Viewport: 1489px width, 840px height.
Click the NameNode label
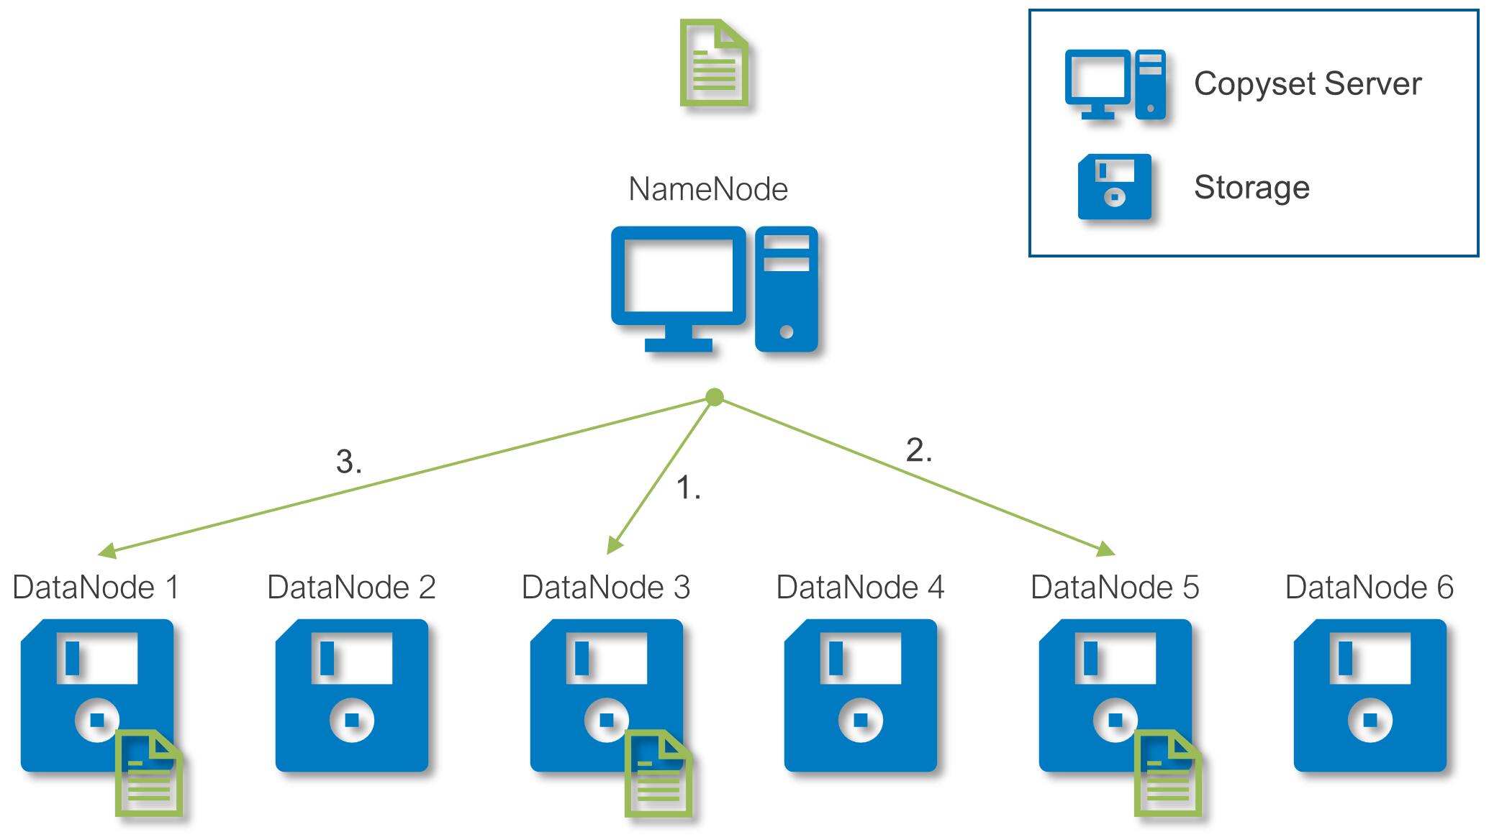[x=708, y=189]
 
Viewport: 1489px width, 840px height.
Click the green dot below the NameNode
[x=715, y=397]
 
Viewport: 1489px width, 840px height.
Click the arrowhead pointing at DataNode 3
[x=614, y=546]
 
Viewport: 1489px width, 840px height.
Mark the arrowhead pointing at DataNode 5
[x=1106, y=549]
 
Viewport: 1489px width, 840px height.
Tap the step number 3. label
[x=349, y=462]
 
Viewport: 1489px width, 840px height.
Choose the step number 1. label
[x=688, y=488]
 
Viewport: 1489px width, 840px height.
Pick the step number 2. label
[x=919, y=450]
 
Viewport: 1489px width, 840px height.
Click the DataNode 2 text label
[x=351, y=587]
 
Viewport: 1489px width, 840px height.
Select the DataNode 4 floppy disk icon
[x=861, y=695]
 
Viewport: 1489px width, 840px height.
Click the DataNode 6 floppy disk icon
[x=1370, y=695]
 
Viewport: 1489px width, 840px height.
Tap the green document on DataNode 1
[x=149, y=773]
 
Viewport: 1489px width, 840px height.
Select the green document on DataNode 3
[x=658, y=773]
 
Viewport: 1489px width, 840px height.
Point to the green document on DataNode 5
[x=1168, y=773]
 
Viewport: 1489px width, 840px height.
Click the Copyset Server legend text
[x=1308, y=83]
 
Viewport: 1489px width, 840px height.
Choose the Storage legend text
[x=1252, y=187]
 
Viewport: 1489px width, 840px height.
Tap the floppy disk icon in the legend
[x=1114, y=186]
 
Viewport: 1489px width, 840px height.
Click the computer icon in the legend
[x=1115, y=85]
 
